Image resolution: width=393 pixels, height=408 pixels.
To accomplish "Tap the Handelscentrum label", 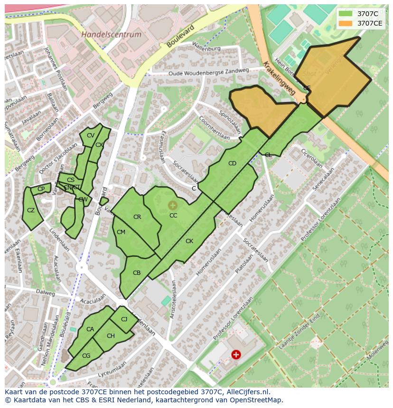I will (111, 35).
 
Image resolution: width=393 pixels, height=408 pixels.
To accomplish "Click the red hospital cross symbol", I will (236, 354).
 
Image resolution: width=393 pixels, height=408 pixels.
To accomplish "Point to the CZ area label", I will (31, 210).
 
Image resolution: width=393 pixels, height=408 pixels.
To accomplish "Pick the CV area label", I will (90, 136).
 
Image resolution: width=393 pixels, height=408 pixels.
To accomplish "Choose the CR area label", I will (137, 217).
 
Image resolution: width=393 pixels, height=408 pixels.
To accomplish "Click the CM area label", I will (121, 232).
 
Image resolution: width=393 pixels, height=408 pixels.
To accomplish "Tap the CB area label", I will (137, 273).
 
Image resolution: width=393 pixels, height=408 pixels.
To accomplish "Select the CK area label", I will (189, 241).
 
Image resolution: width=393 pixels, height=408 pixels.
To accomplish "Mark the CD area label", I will (232, 163).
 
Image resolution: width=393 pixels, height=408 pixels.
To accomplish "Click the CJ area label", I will (124, 319).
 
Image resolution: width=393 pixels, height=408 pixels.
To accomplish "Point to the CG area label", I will (86, 356).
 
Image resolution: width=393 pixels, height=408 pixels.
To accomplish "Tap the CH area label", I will (111, 336).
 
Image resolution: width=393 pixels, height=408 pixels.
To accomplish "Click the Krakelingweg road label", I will (280, 78).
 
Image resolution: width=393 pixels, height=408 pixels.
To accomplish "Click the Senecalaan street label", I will (323, 179).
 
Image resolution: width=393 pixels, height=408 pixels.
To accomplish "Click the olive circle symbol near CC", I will (172, 205).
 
